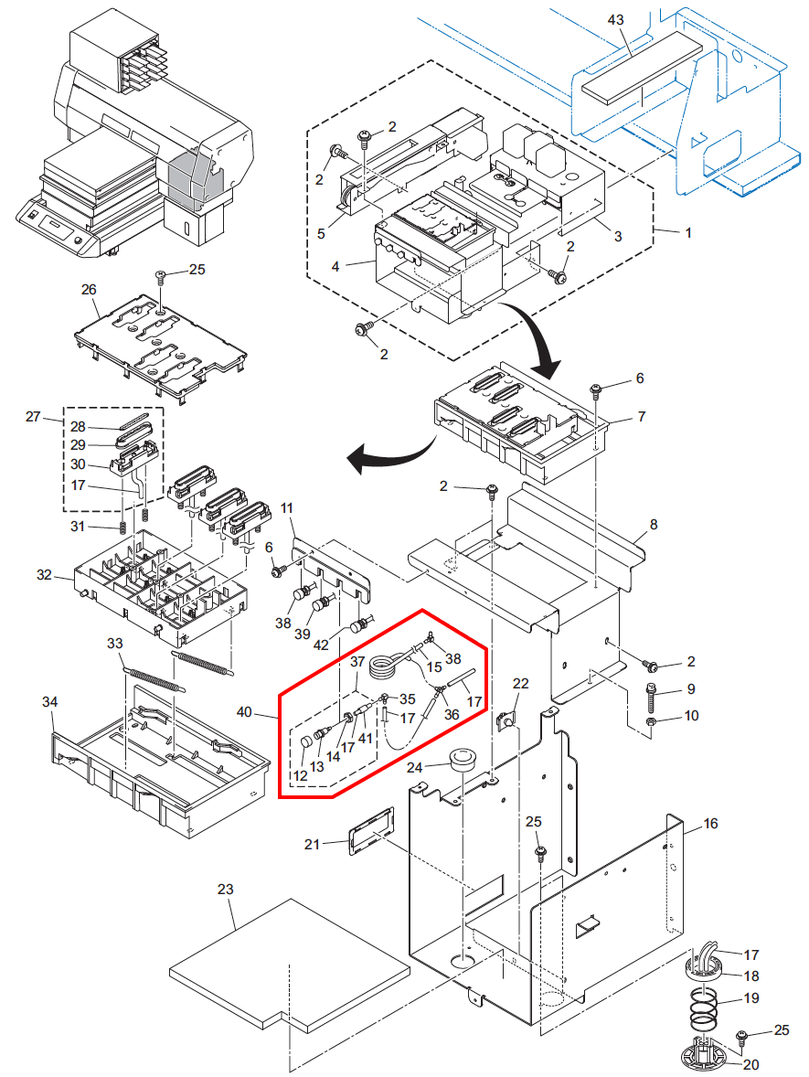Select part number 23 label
[x=226, y=889]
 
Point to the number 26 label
[x=89, y=290]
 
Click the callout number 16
[x=710, y=824]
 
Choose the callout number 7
[x=641, y=416]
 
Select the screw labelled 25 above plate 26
[x=161, y=274]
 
